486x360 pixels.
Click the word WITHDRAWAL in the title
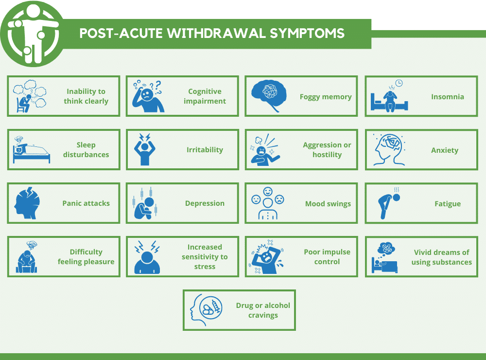pyautogui.click(x=217, y=34)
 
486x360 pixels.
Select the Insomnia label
pyautogui.click(x=448, y=97)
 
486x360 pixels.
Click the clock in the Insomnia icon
pyautogui.click(x=399, y=83)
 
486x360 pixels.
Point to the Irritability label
pyautogui.click(x=205, y=150)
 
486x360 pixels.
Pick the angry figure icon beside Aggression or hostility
pyautogui.click(x=265, y=150)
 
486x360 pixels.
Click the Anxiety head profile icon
pyautogui.click(x=389, y=150)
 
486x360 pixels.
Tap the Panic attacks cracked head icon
pyautogui.click(x=27, y=203)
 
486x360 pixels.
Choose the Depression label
pyautogui.click(x=205, y=203)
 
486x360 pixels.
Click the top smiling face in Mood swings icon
pyautogui.click(x=268, y=192)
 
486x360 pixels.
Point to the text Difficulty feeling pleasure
pyautogui.click(x=86, y=257)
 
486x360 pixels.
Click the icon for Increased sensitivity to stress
pyautogui.click(x=147, y=257)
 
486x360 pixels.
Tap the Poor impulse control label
pyautogui.click(x=327, y=257)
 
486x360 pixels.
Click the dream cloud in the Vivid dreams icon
pyautogui.click(x=386, y=248)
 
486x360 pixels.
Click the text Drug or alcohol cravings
pyautogui.click(x=263, y=310)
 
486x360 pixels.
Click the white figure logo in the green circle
pyautogui.click(x=33, y=34)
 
